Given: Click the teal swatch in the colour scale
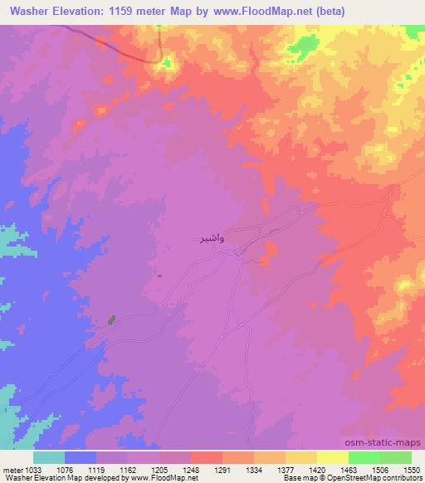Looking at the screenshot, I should coord(49,457).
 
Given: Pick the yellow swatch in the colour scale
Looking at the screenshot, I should coord(332,457).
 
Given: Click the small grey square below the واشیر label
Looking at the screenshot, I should coord(160,276).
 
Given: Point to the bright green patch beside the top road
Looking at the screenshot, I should coord(167,62).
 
